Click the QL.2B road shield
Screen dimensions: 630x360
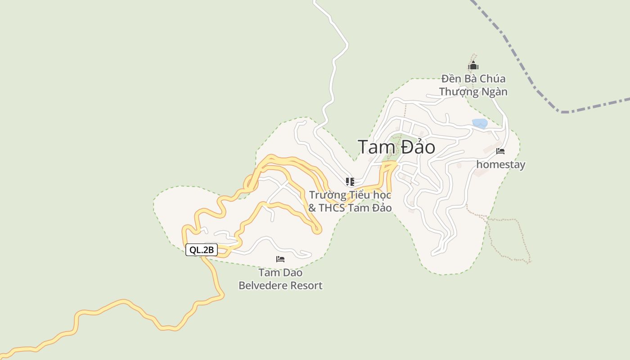202,250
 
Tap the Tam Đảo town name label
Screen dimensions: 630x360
396,147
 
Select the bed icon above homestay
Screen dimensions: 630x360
500,151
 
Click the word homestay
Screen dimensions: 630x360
500,165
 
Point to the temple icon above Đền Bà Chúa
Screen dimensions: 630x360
473,66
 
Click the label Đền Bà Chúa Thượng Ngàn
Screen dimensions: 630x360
473,85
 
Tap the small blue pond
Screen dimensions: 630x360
480,123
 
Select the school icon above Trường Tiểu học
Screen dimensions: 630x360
350,181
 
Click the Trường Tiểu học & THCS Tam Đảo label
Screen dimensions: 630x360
350,201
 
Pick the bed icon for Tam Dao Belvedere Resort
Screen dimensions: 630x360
280,259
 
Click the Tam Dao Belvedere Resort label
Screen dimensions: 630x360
280,279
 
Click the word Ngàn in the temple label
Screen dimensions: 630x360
494,92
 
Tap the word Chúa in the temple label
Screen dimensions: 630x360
492,79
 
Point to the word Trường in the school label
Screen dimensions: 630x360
328,195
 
